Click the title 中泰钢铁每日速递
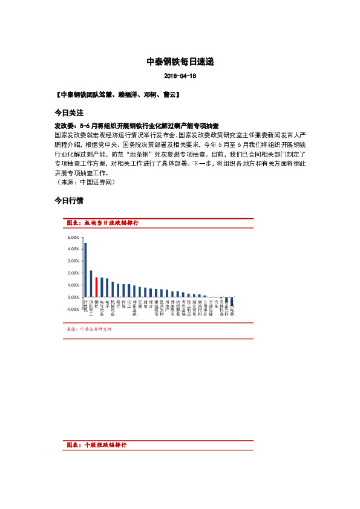tap(180, 62)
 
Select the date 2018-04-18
tap(180, 77)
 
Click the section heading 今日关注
tap(68, 113)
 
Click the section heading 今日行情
tap(68, 200)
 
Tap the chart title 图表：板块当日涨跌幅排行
tap(103, 223)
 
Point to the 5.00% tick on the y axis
tap(73, 237)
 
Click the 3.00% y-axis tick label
tap(73, 261)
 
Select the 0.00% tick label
tap(73, 297)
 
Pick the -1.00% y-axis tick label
tap(73, 310)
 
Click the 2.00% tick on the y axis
tap(73, 273)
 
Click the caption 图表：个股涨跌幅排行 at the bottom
tap(97, 444)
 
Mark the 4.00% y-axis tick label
tap(73, 249)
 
